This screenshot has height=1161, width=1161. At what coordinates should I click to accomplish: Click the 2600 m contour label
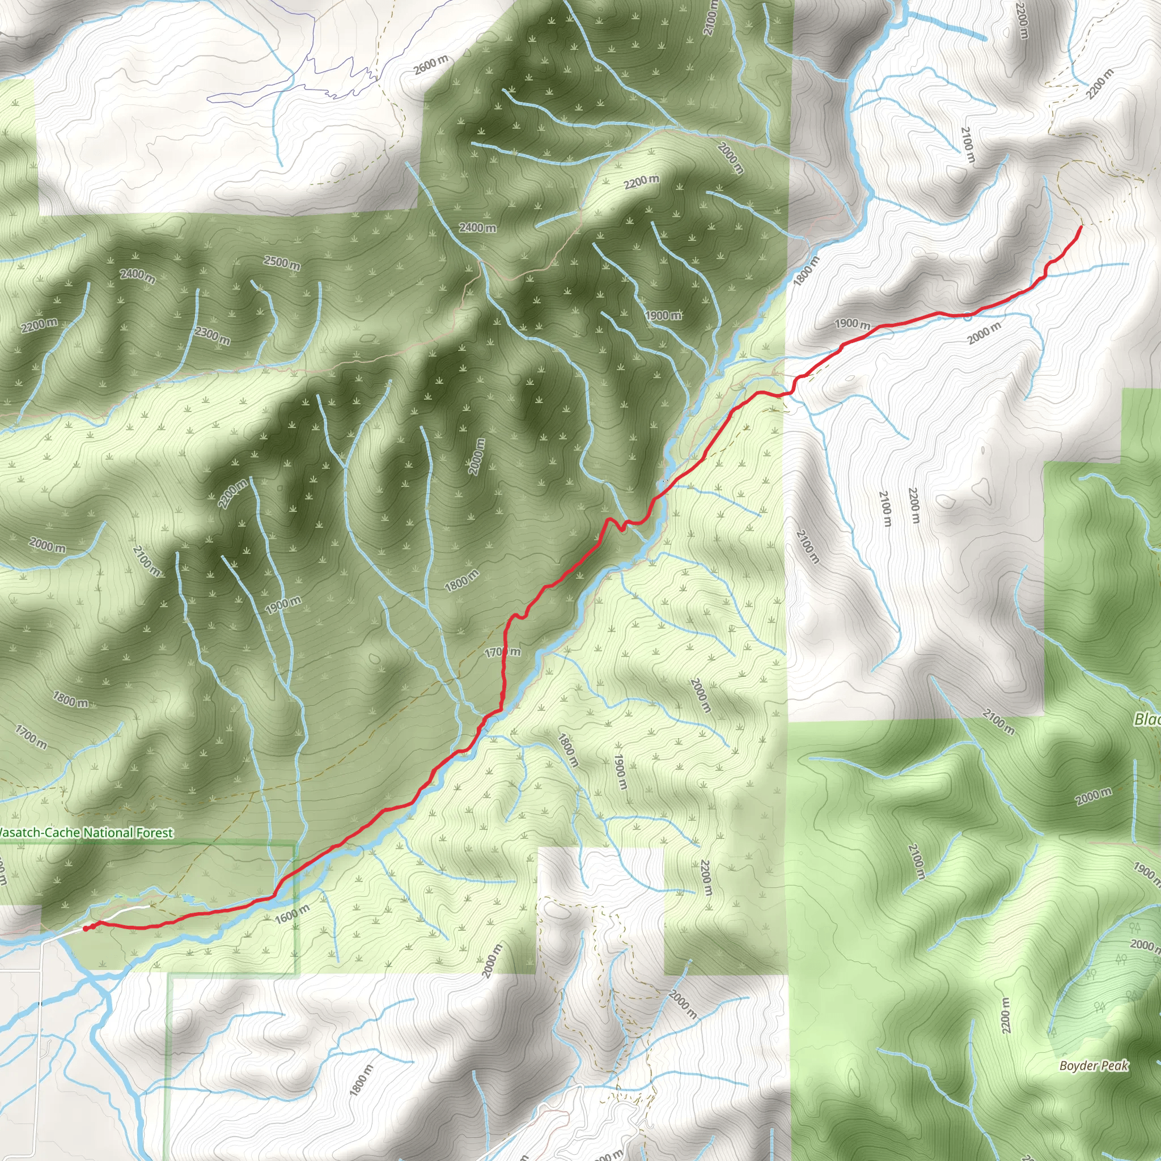pyautogui.click(x=431, y=64)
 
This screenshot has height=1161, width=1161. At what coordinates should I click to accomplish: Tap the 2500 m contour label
pyautogui.click(x=282, y=262)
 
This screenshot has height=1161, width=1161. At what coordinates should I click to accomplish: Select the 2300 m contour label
pyautogui.click(x=212, y=336)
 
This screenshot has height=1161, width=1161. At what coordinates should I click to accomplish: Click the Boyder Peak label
pyautogui.click(x=1094, y=1065)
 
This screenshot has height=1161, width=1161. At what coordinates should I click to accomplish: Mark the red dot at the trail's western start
pyautogui.click(x=86, y=929)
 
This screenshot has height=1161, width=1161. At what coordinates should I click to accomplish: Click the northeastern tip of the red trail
pyautogui.click(x=1081, y=227)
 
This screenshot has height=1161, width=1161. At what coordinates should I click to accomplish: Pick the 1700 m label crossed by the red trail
pyautogui.click(x=502, y=652)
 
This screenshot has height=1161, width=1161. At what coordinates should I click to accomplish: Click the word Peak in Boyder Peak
pyautogui.click(x=1115, y=1065)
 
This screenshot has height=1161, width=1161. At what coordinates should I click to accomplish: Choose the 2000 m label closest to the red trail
pyautogui.click(x=984, y=332)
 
